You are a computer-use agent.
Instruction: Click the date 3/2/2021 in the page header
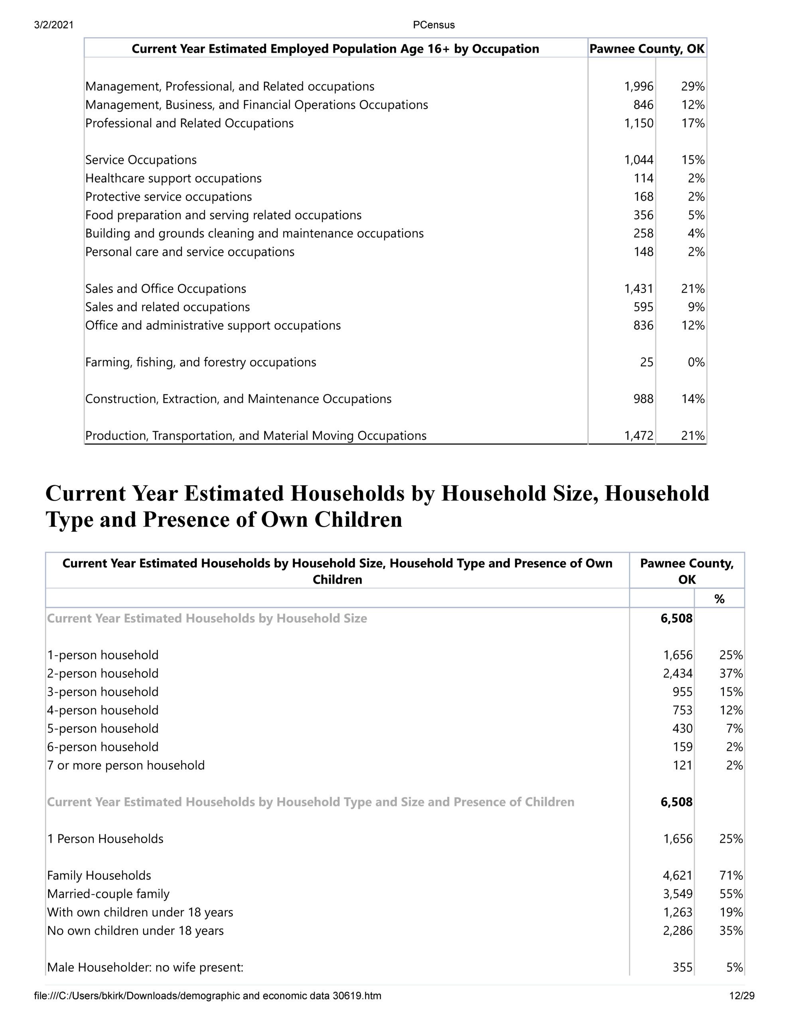coord(54,25)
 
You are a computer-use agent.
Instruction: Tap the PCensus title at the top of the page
coord(434,25)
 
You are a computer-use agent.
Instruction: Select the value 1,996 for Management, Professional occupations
coord(638,87)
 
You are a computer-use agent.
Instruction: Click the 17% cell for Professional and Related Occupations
coord(692,123)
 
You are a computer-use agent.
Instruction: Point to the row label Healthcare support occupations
coord(174,179)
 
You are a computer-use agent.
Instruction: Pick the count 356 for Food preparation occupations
coord(643,215)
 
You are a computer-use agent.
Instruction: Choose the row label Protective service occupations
coord(168,197)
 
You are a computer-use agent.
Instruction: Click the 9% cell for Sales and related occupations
coord(696,307)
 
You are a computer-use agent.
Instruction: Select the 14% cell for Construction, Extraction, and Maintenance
coord(692,399)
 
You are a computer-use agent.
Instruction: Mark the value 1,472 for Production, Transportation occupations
coord(638,436)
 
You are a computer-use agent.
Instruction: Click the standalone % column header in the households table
coord(719,599)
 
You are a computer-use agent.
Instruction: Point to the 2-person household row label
coord(103,674)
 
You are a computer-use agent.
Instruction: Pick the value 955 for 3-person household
coord(682,692)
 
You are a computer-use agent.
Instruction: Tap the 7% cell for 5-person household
coord(734,729)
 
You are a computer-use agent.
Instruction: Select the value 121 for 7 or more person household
coord(682,765)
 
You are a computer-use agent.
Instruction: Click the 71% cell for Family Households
coord(731,875)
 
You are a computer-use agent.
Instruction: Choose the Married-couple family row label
coord(108,894)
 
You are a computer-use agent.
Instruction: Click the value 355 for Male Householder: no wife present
coord(682,967)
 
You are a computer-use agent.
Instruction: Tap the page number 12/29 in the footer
coord(742,996)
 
